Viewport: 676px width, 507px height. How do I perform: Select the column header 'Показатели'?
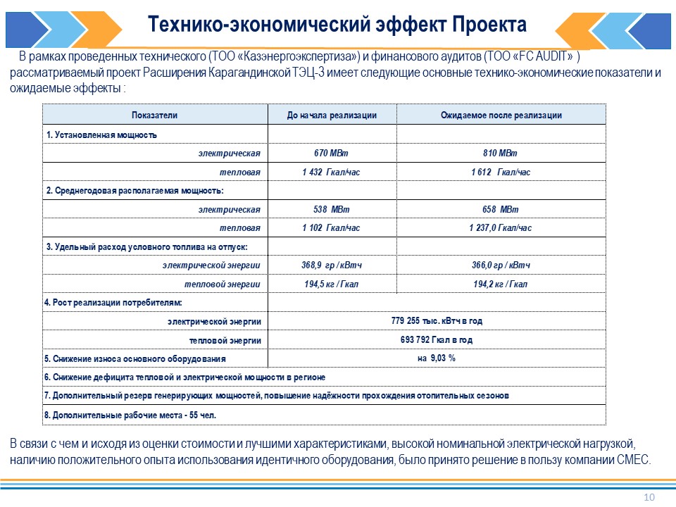point(154,115)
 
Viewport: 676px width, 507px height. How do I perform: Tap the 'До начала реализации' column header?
point(332,115)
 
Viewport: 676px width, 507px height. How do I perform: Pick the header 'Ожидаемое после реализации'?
point(501,115)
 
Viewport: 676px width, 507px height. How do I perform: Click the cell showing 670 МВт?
point(331,153)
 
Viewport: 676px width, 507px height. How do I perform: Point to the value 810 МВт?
point(500,153)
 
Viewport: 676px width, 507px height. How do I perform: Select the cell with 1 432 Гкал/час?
point(331,172)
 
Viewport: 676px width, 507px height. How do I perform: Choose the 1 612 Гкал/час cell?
point(500,172)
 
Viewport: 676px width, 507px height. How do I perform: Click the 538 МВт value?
point(331,210)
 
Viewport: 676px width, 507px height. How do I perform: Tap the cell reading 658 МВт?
point(500,210)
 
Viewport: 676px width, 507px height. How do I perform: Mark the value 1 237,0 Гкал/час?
point(500,228)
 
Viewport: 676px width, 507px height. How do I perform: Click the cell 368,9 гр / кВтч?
point(331,265)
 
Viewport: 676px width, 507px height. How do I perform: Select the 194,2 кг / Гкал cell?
point(500,284)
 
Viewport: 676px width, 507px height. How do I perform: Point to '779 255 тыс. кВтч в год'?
point(437,321)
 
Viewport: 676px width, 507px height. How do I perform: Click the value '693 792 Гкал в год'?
point(437,339)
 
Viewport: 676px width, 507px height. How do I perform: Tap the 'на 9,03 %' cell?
point(437,358)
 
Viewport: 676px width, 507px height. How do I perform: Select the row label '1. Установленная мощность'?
point(101,134)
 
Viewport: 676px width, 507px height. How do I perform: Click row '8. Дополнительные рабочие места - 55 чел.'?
point(130,415)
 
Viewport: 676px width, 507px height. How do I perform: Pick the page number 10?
point(649,498)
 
